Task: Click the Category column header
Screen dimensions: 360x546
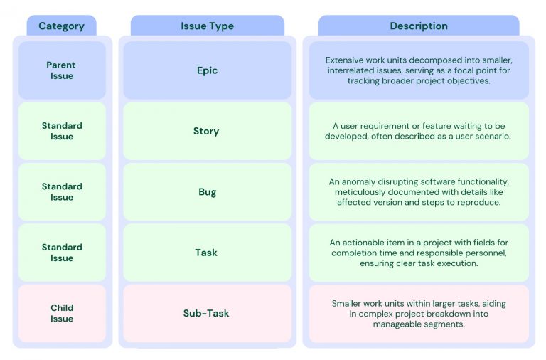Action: pos(61,26)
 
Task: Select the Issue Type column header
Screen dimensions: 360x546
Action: pos(208,26)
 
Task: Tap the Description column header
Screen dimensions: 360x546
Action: pos(419,26)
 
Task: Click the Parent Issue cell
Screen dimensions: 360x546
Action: pos(62,70)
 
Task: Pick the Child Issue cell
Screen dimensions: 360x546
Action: pos(62,314)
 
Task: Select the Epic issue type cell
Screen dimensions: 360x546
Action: pos(208,70)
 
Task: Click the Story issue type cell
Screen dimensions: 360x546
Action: pos(208,131)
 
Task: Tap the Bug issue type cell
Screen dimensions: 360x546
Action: pos(208,192)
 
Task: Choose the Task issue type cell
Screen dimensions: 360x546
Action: pos(208,253)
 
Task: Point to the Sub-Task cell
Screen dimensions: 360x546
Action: pos(208,314)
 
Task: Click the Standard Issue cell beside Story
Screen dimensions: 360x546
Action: pos(62,131)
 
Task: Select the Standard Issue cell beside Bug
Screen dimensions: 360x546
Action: pos(62,192)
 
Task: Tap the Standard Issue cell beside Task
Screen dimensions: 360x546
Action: pos(62,253)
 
